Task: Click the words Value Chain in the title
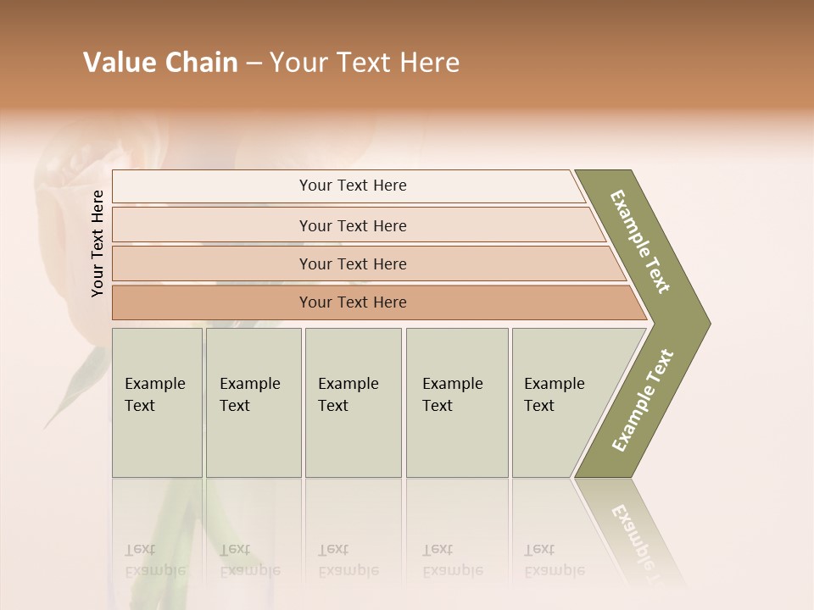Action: (x=160, y=63)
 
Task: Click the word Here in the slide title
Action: (x=429, y=63)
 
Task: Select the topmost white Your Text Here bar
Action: (x=352, y=186)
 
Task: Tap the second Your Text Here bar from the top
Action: (x=352, y=225)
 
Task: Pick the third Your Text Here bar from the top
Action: (x=352, y=263)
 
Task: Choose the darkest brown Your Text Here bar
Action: (x=352, y=302)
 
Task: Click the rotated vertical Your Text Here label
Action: (x=98, y=244)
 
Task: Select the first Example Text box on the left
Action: (x=157, y=402)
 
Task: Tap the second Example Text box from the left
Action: (x=253, y=402)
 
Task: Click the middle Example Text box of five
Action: (x=353, y=402)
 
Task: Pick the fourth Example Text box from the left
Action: (x=456, y=402)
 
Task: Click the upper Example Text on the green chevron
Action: (x=640, y=241)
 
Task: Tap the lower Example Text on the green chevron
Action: (x=642, y=401)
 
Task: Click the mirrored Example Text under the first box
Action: (x=154, y=560)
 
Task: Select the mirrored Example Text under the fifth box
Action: (x=554, y=560)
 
